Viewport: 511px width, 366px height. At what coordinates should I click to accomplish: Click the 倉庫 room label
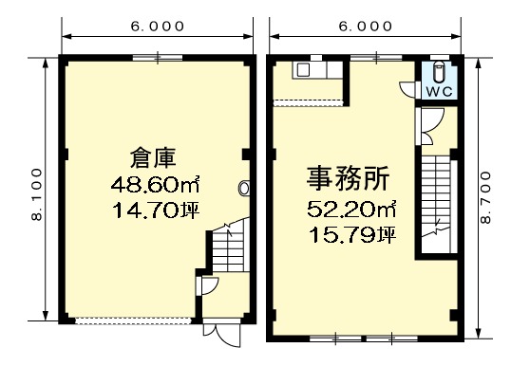pos(153,158)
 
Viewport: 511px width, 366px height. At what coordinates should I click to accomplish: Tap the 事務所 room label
pos(348,178)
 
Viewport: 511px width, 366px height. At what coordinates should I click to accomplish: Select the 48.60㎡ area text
pos(155,185)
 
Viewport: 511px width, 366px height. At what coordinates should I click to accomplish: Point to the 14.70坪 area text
pos(156,210)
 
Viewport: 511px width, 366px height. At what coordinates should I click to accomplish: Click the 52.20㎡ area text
pos(352,209)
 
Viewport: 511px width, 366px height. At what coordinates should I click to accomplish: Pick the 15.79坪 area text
pos(352,235)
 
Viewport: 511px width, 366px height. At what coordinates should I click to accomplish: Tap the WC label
pos(439,92)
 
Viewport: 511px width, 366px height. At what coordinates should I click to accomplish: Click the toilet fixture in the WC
pos(439,72)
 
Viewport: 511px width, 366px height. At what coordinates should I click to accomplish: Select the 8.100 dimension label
pos(37,194)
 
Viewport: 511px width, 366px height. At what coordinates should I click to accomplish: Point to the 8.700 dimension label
pos(485,197)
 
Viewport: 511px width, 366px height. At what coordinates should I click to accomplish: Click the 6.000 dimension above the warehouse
pos(158,26)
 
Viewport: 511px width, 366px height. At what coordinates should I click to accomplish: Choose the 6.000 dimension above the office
pos(365,26)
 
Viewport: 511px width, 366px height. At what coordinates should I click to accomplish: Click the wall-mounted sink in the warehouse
pos(244,188)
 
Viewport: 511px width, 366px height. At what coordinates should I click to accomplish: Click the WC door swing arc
pos(406,89)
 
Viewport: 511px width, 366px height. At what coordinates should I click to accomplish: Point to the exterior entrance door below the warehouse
pos(222,333)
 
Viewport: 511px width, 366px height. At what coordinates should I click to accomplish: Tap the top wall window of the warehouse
pos(158,58)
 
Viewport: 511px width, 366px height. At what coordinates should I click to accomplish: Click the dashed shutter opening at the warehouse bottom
pos(132,321)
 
